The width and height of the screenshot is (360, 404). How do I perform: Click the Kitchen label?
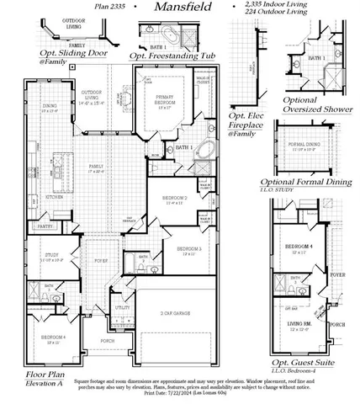point(54,196)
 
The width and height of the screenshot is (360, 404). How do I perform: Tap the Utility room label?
point(123,308)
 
